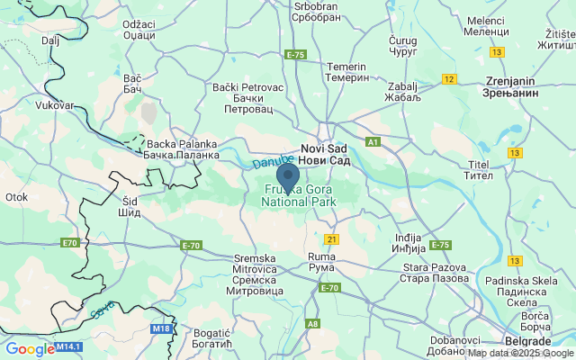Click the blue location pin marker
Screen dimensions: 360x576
(x=288, y=177)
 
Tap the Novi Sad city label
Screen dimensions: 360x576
(x=325, y=154)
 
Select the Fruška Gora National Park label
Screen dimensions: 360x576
(x=298, y=196)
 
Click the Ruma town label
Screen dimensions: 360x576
(x=321, y=263)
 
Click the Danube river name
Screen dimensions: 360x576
(x=267, y=162)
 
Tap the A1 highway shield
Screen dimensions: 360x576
(x=373, y=142)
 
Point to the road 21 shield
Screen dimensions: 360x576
(x=331, y=238)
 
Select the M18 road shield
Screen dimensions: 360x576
(x=161, y=328)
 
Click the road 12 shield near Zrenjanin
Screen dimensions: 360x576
(x=448, y=79)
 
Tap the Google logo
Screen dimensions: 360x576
(x=29, y=349)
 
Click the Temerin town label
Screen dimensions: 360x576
(x=347, y=73)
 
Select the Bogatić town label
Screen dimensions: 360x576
(x=212, y=338)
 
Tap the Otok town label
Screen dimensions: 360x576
(x=16, y=196)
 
